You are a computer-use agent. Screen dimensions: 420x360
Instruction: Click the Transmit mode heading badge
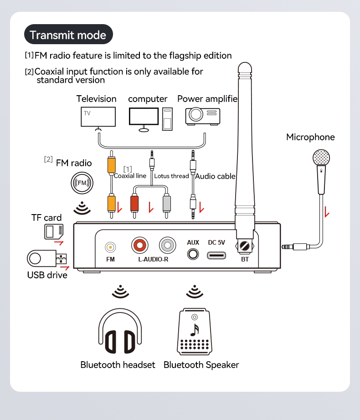pos(68,35)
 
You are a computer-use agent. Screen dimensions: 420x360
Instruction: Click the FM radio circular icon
pos(82,183)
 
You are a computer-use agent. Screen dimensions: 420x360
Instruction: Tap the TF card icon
pos(53,232)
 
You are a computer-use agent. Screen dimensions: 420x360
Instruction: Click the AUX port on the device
pos(193,254)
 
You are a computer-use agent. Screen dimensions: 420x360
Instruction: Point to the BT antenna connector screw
pos(245,247)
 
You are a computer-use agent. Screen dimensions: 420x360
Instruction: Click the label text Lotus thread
pos(171,176)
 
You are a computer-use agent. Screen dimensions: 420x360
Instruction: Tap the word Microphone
pos(310,137)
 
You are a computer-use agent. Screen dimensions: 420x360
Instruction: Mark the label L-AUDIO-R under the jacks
pos(154,260)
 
